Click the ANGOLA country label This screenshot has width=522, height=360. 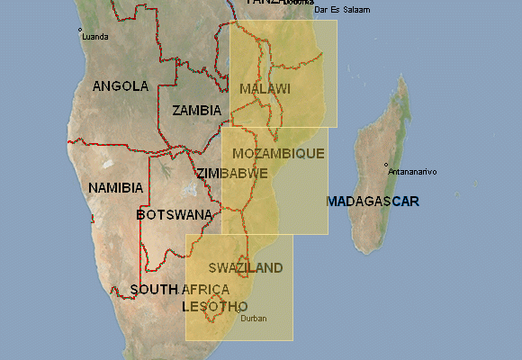pos(121,86)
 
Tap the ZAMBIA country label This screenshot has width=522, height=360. pos(196,110)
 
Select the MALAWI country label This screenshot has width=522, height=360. pos(265,88)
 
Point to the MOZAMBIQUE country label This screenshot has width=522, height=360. pos(272,154)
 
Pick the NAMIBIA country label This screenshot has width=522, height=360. pos(115,187)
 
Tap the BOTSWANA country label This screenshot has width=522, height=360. pos(175,215)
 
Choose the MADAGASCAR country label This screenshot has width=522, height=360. pos(373,201)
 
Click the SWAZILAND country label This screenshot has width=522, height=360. pos(245,268)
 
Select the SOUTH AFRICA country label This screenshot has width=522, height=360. pos(180,290)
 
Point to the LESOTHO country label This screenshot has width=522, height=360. pos(214,306)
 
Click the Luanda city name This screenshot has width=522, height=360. pos(94,37)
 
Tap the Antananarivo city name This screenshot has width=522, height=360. pos(411,171)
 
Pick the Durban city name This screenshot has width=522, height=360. pos(254,318)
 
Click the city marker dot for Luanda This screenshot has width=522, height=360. pos(80,30)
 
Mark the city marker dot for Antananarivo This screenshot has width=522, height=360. pos(386,165)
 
